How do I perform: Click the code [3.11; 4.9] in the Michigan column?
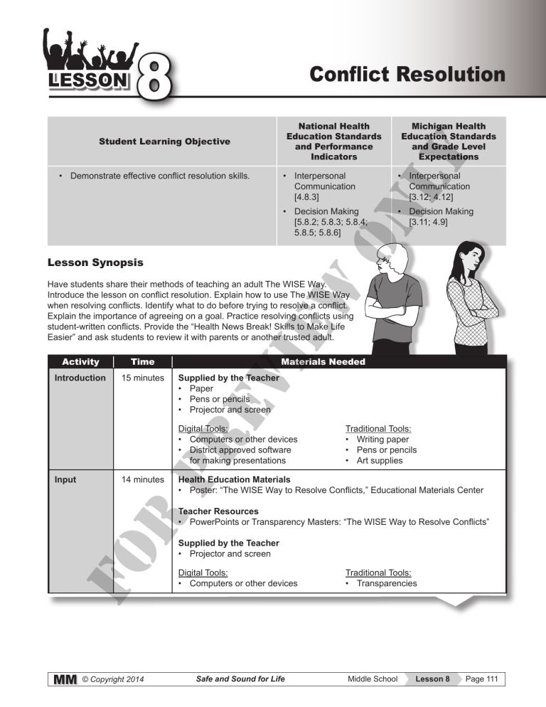pos(428,223)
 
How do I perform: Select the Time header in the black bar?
pos(135,362)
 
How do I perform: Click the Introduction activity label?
pos(80,378)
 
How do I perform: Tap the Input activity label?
pos(67,480)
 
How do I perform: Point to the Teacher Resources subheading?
pos(218,511)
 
